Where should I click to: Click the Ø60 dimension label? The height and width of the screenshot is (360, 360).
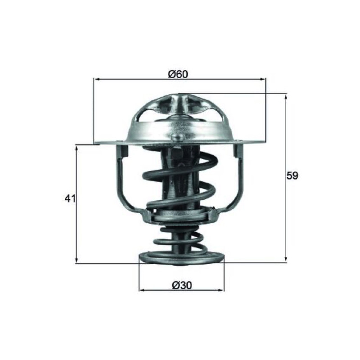[x=178, y=74]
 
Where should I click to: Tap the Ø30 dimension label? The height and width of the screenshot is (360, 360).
[x=182, y=285]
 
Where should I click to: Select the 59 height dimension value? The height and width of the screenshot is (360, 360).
[x=292, y=175]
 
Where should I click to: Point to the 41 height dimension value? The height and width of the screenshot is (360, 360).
[x=70, y=198]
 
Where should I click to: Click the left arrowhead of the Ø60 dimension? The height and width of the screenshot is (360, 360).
[x=97, y=79]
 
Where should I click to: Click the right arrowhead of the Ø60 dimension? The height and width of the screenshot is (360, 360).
[x=262, y=79]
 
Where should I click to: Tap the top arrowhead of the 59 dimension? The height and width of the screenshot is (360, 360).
[x=286, y=97]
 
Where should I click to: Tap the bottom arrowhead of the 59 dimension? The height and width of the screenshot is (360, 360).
[x=286, y=259]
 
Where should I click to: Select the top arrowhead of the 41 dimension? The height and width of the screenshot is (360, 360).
[x=76, y=148]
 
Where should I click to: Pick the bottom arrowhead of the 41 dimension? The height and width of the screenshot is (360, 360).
[x=76, y=260]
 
